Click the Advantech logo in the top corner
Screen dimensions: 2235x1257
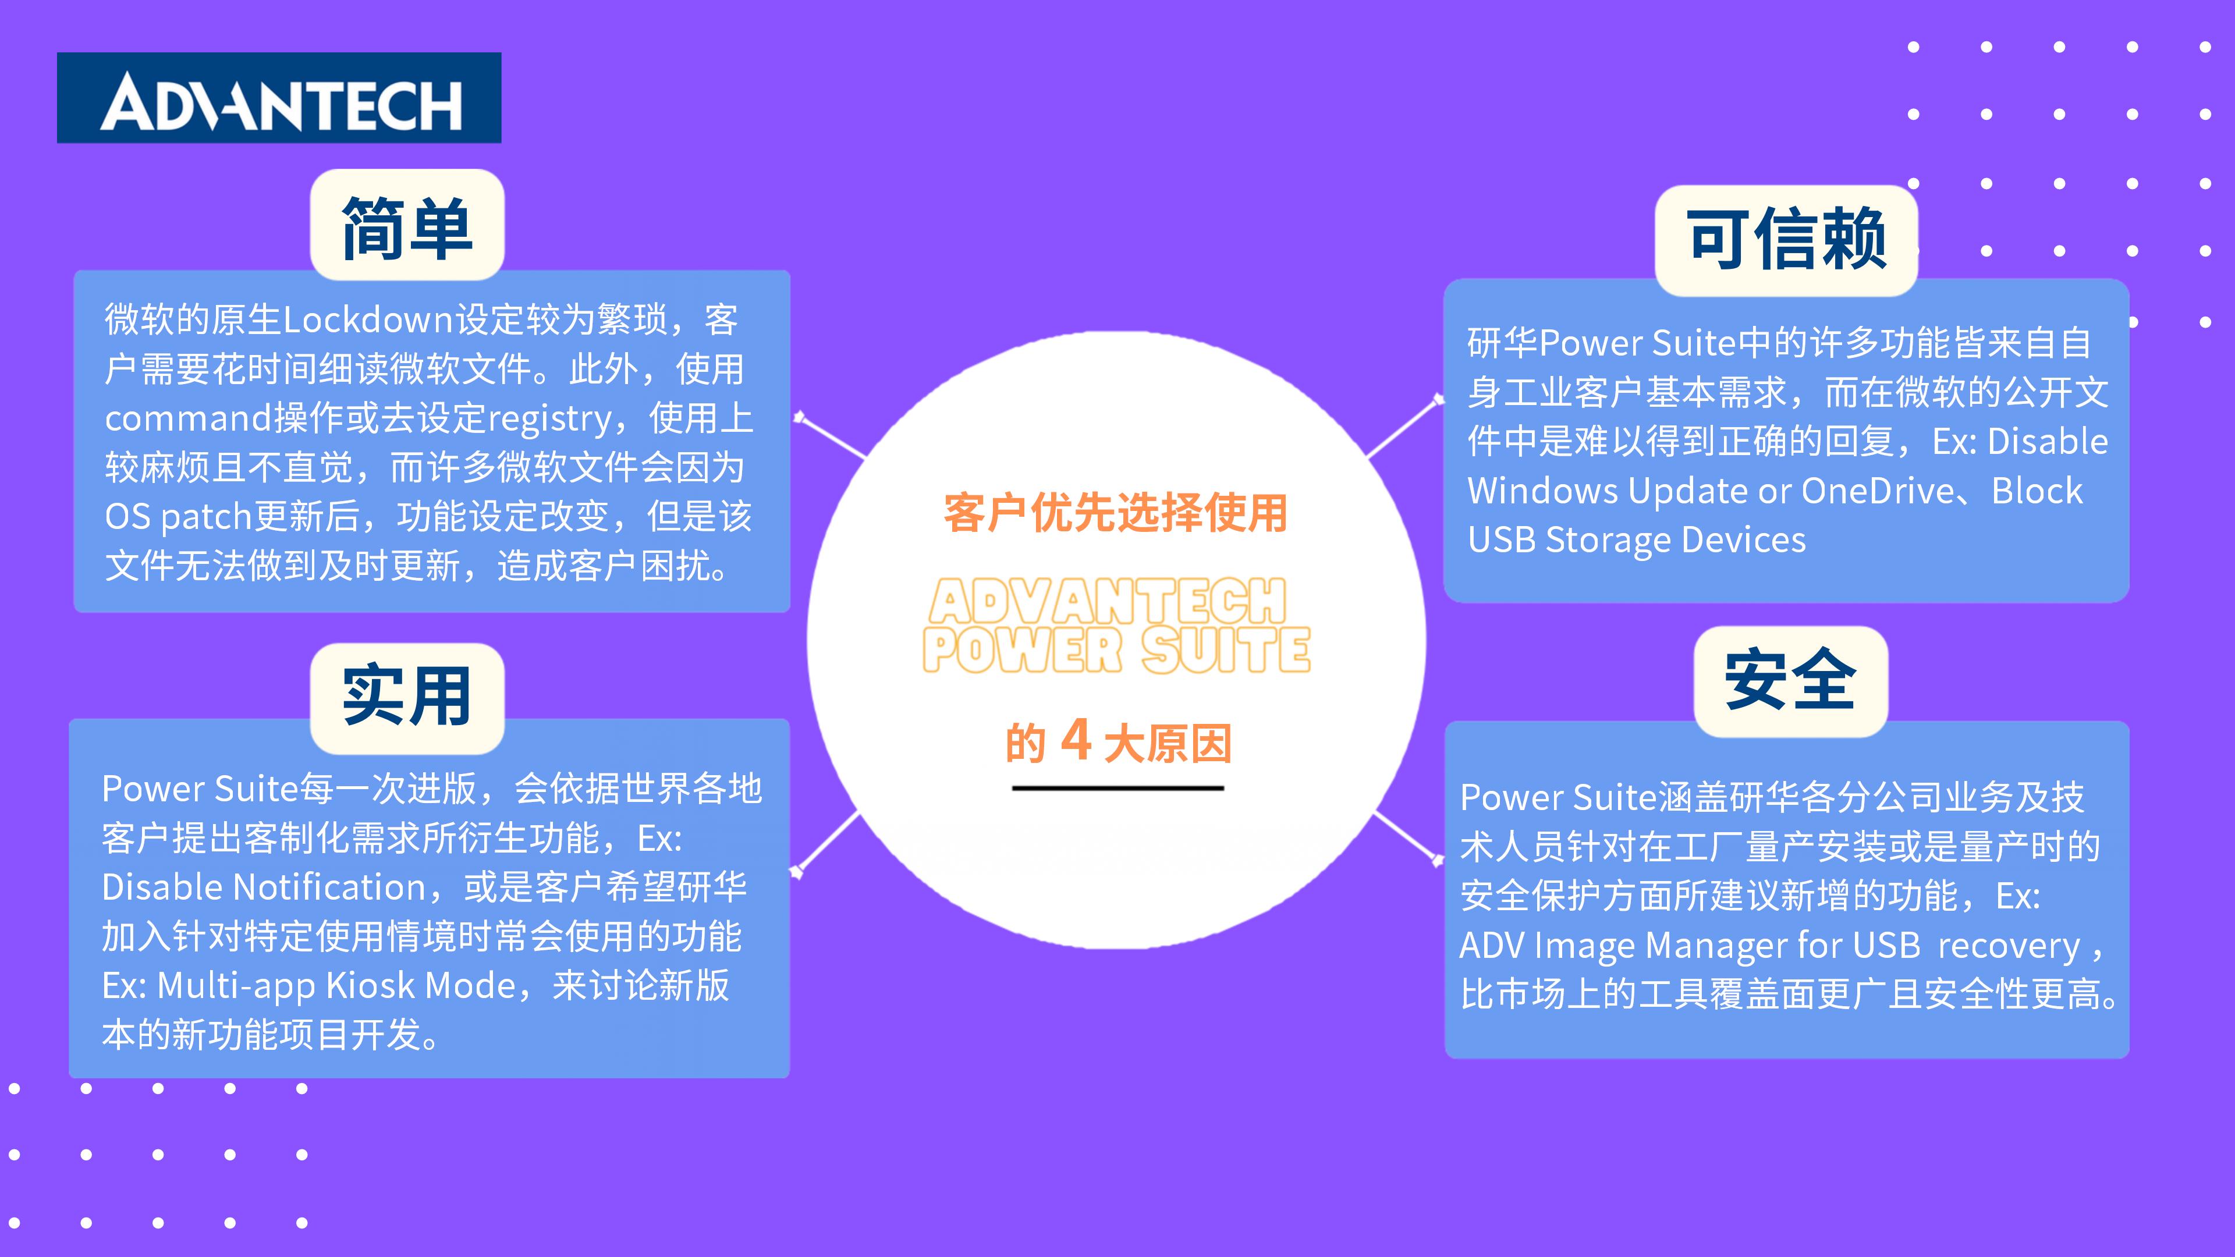pos(279,98)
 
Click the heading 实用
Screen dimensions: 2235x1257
pos(407,696)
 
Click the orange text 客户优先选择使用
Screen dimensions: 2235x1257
pos(1116,513)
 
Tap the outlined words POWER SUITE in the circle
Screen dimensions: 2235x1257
pos(1117,650)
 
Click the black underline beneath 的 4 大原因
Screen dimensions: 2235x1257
pos(1117,788)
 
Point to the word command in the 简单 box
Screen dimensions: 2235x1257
pos(188,418)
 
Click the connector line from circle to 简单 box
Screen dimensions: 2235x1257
pos(831,436)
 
